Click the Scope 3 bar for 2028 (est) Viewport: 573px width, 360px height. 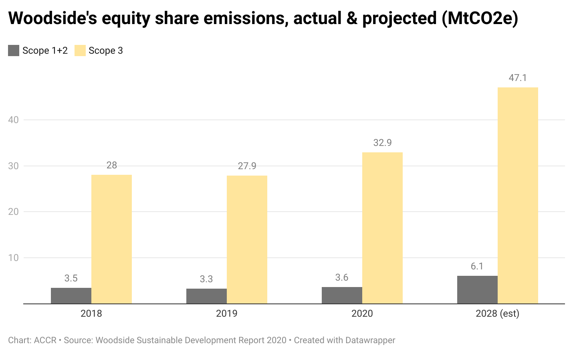tap(518, 195)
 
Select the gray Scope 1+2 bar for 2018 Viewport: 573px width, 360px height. tap(71, 295)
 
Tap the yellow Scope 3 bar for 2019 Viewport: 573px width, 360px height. tap(247, 239)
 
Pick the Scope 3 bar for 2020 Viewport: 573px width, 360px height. tap(382, 228)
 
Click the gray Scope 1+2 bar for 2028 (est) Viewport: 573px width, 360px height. tap(477, 289)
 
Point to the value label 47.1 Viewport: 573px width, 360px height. tap(518, 78)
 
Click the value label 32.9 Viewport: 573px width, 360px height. tap(382, 143)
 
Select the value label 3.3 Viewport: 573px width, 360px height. tap(206, 279)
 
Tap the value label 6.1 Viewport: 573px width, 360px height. tap(477, 267)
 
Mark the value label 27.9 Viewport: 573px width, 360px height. tap(247, 166)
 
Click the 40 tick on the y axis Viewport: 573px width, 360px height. tap(14, 120)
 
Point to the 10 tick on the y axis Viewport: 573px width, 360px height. tap(14, 258)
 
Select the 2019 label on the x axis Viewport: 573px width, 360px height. tap(227, 313)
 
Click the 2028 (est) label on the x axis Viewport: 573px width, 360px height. tap(497, 313)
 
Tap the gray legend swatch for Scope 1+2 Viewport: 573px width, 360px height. tap(14, 51)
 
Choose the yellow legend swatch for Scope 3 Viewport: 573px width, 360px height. tap(80, 51)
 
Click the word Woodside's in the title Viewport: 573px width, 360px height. tap(52, 18)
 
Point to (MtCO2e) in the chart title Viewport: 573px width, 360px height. tap(480, 18)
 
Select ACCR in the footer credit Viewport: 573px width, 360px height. tap(45, 340)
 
